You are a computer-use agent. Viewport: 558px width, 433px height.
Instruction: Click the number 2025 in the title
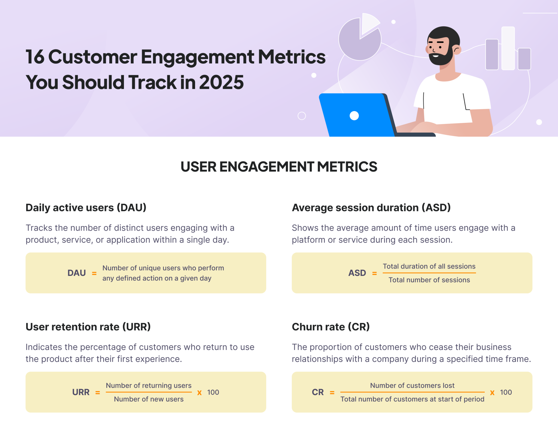(221, 82)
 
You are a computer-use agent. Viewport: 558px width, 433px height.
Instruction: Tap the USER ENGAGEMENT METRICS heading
(279, 167)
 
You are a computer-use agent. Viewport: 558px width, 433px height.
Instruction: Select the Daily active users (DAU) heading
(86, 208)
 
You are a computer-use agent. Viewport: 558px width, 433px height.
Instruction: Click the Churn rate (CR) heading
(330, 327)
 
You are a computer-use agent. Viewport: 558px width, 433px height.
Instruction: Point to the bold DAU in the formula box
(77, 273)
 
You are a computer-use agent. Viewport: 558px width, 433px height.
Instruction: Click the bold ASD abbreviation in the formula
(357, 273)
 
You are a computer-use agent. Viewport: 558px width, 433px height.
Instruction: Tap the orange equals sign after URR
(98, 392)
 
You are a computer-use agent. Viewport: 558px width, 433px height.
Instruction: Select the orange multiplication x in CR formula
(492, 392)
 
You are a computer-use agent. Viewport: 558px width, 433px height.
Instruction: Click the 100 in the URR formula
(213, 392)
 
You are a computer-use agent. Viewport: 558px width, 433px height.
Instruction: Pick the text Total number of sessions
(429, 280)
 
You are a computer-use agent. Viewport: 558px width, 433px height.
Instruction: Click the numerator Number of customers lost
(412, 385)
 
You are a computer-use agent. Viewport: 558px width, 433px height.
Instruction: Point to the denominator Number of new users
(148, 399)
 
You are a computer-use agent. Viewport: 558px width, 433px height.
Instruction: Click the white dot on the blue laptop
(354, 116)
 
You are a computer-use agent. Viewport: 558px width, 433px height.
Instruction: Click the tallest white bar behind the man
(508, 48)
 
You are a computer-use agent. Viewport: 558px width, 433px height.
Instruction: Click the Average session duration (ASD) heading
(371, 208)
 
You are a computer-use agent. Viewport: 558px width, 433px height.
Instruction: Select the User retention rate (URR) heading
(88, 327)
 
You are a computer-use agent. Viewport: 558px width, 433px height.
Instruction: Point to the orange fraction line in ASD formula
(429, 273)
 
